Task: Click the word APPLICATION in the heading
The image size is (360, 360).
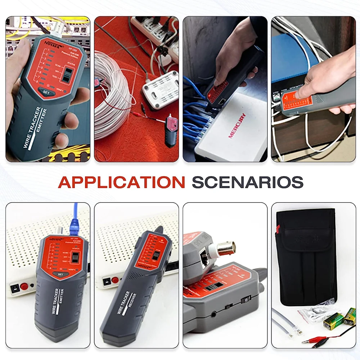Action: tap(121, 182)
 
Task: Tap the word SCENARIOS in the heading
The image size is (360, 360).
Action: tap(247, 182)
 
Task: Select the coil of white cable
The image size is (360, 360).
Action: tap(112, 94)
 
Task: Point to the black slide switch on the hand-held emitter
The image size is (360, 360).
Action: tap(66, 75)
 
